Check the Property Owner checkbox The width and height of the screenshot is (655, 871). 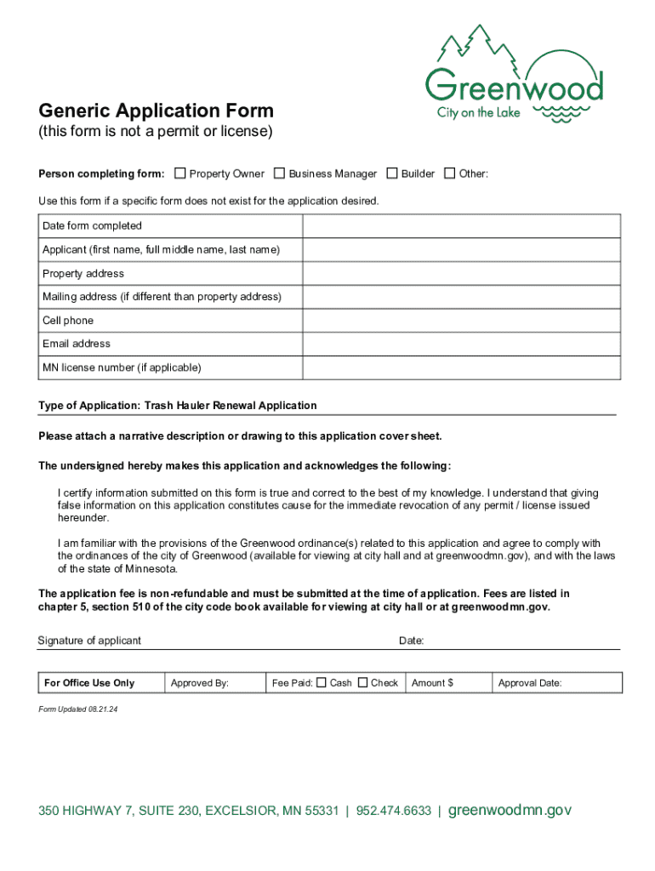click(x=179, y=174)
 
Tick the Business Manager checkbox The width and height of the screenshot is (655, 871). click(x=279, y=174)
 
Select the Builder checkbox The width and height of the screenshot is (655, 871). click(x=392, y=174)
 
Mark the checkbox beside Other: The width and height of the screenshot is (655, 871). click(x=450, y=174)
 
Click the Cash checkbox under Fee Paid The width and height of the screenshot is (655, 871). click(x=322, y=682)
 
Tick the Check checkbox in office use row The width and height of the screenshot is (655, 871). click(x=362, y=682)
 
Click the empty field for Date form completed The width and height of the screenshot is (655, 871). click(x=461, y=226)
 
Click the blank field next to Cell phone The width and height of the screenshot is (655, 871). click(x=461, y=321)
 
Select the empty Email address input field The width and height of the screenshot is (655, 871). click(x=461, y=344)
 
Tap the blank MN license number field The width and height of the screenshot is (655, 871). click(x=461, y=367)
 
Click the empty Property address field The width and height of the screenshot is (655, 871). click(x=461, y=274)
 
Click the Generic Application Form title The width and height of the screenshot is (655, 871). click(x=156, y=111)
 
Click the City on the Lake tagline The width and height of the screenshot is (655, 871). click(x=483, y=112)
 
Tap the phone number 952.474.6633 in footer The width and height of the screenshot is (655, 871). click(x=394, y=811)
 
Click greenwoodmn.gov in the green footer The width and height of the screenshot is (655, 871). click(x=510, y=810)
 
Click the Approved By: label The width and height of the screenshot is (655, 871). click(x=199, y=683)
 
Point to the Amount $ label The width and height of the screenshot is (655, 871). click(x=432, y=683)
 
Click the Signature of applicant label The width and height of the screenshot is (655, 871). click(x=89, y=640)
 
